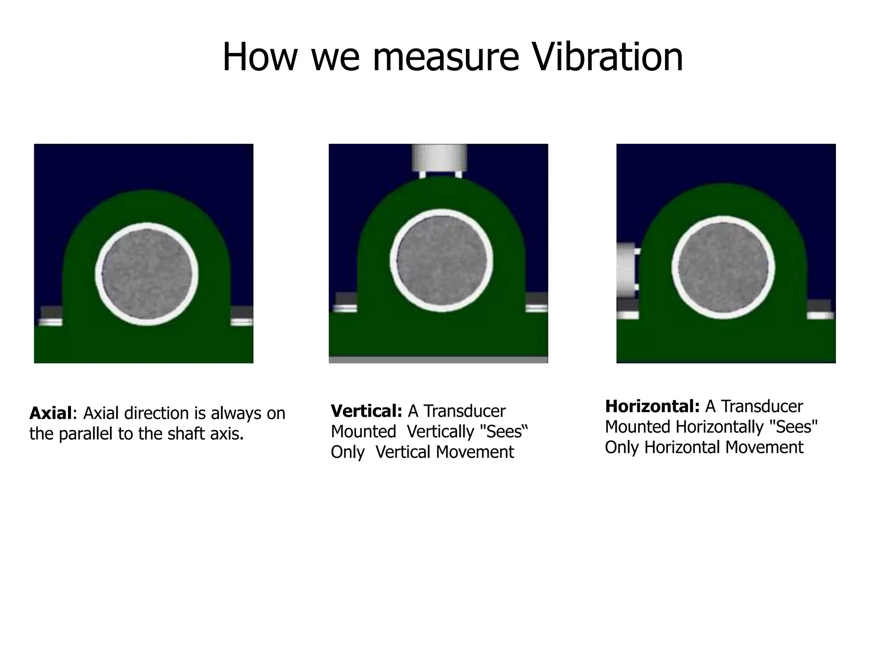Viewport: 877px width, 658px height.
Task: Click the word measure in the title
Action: click(x=446, y=58)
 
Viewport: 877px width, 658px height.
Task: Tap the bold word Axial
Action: click(x=51, y=413)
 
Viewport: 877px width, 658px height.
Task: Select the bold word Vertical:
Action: click(x=367, y=411)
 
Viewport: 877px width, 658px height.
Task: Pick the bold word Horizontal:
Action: click(x=652, y=406)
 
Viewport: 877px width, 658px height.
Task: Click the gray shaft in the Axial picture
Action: click(x=147, y=274)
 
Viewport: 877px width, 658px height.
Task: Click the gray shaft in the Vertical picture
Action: click(x=441, y=260)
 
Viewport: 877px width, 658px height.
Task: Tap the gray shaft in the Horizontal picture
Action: click(x=723, y=267)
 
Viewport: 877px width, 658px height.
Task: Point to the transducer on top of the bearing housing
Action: click(x=439, y=158)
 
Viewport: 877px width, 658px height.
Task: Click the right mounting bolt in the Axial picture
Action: click(x=242, y=317)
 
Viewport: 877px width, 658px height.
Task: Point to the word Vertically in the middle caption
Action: click(x=439, y=432)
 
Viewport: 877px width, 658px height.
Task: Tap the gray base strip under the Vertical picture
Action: click(x=438, y=360)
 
